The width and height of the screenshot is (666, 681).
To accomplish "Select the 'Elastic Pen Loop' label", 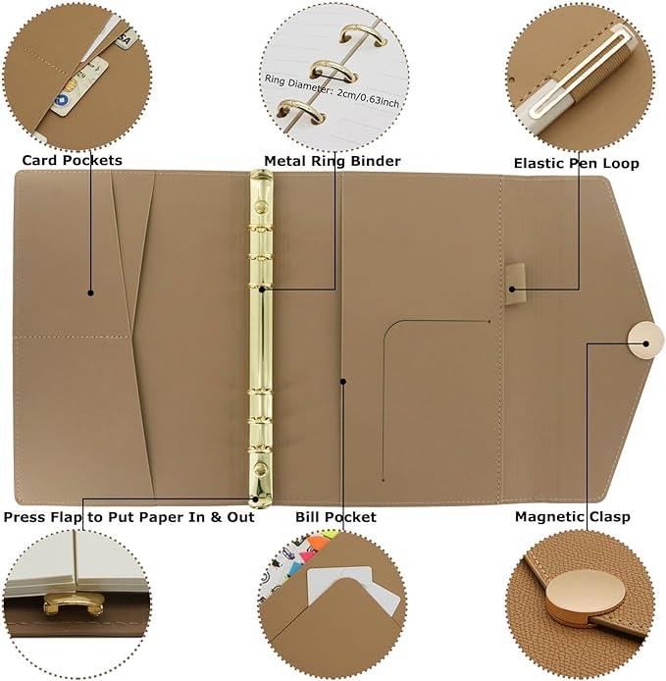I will point(576,163).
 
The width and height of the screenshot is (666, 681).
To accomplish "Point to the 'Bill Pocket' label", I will point(335,516).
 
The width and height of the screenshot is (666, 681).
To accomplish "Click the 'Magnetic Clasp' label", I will point(573,516).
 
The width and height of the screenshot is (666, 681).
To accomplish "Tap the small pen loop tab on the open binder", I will point(517,277).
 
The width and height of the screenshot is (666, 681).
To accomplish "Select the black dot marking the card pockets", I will point(90,291).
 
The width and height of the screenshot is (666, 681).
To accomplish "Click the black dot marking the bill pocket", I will point(342,380).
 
